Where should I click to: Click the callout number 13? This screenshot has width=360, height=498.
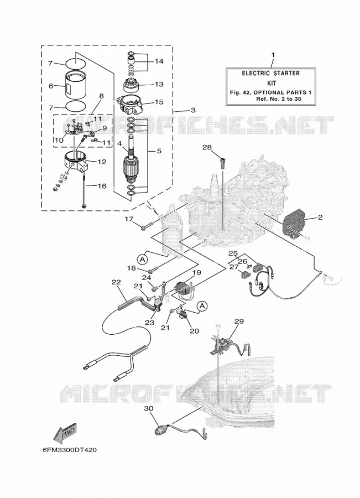point(159,84)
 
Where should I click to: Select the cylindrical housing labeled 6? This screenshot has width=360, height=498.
point(76,85)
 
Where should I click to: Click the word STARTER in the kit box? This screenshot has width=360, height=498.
point(284,73)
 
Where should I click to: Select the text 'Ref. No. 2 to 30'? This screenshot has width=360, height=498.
point(278,98)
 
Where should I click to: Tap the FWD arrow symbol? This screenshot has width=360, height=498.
point(65,433)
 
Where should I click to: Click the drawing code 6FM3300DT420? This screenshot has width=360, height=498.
point(70,450)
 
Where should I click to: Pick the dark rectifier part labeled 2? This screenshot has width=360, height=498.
point(295,224)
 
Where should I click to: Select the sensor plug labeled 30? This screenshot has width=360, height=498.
point(160,431)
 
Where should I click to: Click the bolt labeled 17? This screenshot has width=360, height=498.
point(148,226)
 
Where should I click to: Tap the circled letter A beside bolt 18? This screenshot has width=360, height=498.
point(143,260)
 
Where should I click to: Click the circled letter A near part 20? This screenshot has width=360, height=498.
point(202,306)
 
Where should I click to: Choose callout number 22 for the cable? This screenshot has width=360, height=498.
point(116,282)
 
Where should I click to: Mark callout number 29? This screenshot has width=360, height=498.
point(239,321)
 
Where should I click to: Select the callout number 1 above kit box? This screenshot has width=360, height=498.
point(273,55)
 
